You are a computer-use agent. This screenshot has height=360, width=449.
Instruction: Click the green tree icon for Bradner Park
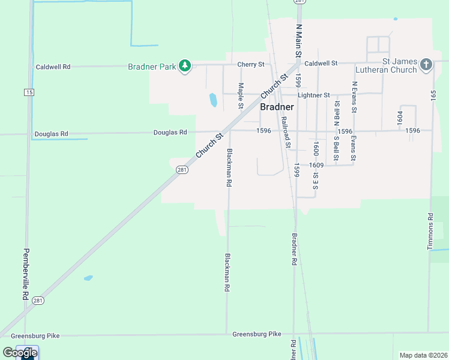185,66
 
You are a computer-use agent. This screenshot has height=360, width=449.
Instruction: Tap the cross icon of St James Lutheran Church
426,65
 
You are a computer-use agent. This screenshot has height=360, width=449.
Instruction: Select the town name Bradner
277,107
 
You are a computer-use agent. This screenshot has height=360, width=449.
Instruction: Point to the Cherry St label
251,64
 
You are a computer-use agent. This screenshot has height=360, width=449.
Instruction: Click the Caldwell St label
321,63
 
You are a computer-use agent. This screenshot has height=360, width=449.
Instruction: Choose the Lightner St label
314,95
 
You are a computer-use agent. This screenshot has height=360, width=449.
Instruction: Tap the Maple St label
241,95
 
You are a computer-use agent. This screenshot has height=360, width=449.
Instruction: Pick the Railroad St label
286,132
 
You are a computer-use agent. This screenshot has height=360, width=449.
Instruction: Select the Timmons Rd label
430,231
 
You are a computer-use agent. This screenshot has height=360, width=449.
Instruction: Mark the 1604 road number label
399,118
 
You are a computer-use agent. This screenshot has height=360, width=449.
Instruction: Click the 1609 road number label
317,165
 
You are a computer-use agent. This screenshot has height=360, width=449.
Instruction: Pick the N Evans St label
355,97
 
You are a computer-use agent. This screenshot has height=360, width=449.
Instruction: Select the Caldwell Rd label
53,67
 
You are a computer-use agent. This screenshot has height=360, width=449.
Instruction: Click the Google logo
20,353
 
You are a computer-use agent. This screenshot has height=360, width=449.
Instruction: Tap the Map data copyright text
423,355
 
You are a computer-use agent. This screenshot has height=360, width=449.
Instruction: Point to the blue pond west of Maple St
212,100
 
